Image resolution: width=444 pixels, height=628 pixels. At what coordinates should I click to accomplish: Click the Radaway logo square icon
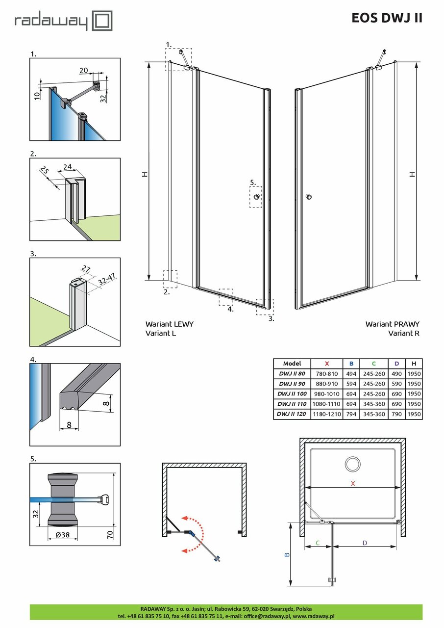click(x=103, y=22)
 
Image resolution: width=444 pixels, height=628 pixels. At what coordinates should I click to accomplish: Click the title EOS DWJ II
click(x=387, y=18)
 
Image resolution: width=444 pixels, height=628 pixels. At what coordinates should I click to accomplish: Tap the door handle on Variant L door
click(x=256, y=197)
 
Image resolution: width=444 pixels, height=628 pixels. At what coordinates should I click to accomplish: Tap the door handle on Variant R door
click(x=308, y=197)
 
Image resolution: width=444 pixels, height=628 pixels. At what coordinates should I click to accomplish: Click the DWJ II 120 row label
click(x=292, y=414)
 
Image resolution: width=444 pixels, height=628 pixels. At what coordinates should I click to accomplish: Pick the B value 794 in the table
click(x=351, y=414)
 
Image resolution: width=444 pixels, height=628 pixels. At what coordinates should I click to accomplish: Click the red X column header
click(x=326, y=364)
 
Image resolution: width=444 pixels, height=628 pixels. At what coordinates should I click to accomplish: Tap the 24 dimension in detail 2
click(x=67, y=166)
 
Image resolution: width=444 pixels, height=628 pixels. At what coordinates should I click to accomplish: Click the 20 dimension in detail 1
click(x=84, y=71)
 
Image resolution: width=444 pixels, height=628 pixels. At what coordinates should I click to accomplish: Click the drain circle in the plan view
click(x=352, y=464)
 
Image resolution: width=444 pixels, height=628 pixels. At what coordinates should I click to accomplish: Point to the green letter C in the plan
click(x=318, y=543)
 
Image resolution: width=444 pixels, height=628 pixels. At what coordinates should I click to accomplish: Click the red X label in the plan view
click(x=352, y=484)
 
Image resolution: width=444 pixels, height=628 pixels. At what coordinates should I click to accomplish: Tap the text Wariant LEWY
click(x=169, y=324)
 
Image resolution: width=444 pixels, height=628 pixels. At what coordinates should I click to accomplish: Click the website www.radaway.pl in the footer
click(x=314, y=616)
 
